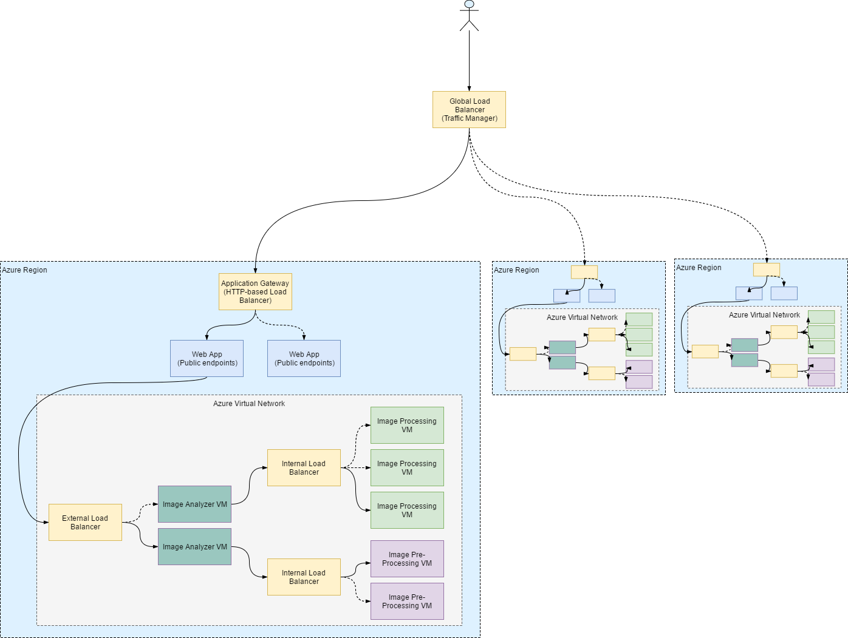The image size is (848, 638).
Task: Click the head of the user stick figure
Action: [469, 4]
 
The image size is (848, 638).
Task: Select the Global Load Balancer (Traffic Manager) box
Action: [469, 110]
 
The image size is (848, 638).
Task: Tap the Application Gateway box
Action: [255, 292]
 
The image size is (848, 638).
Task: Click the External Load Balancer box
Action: [85, 523]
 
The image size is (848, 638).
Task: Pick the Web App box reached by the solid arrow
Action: [207, 359]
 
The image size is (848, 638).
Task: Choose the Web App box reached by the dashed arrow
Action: [304, 359]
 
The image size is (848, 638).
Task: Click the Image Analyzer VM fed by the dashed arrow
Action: [194, 504]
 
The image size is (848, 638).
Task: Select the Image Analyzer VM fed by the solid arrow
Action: [194, 547]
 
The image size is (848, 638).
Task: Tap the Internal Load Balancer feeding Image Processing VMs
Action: [304, 468]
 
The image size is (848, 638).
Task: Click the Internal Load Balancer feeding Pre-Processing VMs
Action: [304, 577]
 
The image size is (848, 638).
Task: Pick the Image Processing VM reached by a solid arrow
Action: [407, 511]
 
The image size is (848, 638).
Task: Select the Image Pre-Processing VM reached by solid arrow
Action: [407, 559]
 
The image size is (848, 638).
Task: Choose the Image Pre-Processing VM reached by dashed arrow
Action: [407, 602]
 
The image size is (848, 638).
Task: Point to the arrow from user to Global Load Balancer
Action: [469, 61]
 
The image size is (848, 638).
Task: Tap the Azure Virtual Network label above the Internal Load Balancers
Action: [249, 404]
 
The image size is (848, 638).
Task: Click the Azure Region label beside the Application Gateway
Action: [25, 270]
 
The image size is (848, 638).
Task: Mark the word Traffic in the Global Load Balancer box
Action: [457, 118]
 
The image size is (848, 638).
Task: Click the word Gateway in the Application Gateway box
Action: [275, 283]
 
